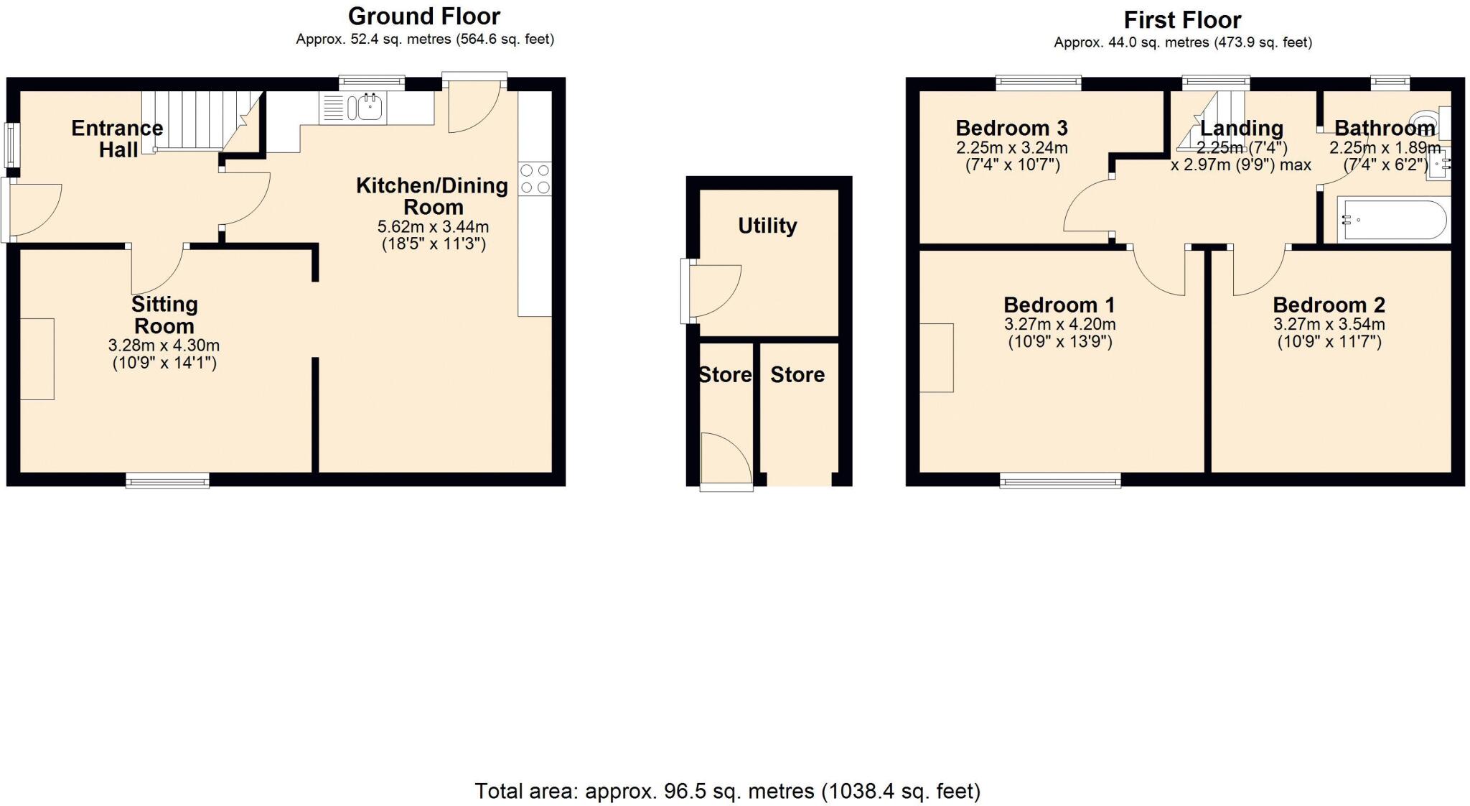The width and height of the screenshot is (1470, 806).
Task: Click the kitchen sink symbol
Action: click(365, 108)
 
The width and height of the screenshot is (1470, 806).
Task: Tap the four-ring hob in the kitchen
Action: click(535, 179)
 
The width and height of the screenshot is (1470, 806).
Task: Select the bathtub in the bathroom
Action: click(1392, 220)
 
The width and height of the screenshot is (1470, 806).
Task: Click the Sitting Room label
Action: click(164, 315)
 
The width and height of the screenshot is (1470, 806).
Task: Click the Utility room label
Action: click(767, 226)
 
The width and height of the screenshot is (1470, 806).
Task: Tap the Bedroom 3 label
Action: click(1011, 129)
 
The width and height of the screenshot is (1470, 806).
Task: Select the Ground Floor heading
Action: click(423, 16)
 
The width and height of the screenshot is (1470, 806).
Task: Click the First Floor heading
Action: click(1182, 19)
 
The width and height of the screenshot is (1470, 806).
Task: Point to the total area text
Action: click(727, 791)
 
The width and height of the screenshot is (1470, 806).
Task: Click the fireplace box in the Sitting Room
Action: click(37, 358)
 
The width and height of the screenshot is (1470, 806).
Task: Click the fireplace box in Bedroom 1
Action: click(937, 358)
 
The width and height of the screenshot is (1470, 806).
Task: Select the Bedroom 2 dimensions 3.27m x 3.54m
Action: click(1329, 325)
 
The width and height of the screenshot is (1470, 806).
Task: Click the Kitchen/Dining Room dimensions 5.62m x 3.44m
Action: click(433, 227)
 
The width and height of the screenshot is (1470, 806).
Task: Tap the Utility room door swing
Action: click(713, 289)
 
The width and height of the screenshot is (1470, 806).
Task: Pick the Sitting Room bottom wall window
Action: click(167, 481)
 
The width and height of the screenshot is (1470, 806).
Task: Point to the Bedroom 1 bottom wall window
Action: click(1060, 481)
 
